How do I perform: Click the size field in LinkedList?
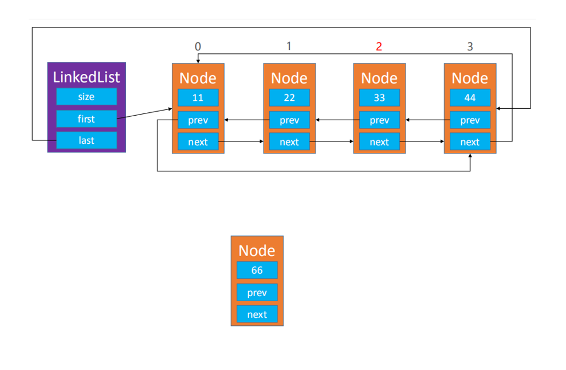[x=87, y=97]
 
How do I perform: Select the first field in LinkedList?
[x=87, y=119]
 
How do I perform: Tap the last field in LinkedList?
[x=87, y=140]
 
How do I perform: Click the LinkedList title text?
[x=87, y=77]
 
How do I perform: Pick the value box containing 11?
[x=198, y=97]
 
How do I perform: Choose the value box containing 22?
[x=289, y=97]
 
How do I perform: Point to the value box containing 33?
[x=379, y=97]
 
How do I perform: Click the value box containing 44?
[x=470, y=97]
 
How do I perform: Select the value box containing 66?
[x=257, y=270]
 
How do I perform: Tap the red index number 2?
[x=379, y=46]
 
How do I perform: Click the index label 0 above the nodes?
[x=198, y=46]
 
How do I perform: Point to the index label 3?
[x=470, y=46]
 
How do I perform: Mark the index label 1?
[x=289, y=46]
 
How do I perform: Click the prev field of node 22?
[x=289, y=120]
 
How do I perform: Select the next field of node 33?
[x=379, y=141]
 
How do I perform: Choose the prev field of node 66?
[x=257, y=292]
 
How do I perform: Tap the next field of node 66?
[x=257, y=314]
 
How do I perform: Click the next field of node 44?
[x=470, y=141]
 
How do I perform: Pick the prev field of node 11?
[x=198, y=120]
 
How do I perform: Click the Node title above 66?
[x=257, y=250]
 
